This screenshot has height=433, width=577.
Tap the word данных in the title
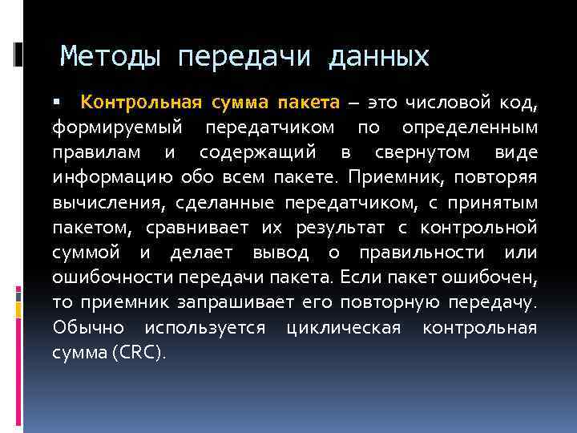pyautogui.click(x=377, y=57)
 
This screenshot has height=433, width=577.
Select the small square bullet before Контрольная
pyautogui.click(x=56, y=103)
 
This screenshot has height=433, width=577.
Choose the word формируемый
pyautogui.click(x=117, y=127)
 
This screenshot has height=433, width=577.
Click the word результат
pyautogui.click(x=338, y=229)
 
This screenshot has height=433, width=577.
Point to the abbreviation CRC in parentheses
pyautogui.click(x=141, y=353)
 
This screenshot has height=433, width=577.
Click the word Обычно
pyautogui.click(x=89, y=328)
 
